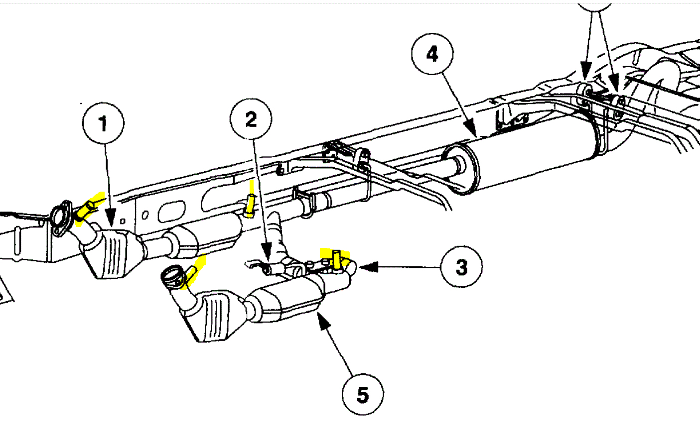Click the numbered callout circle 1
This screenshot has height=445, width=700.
(x=104, y=123)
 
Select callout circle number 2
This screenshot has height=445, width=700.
(x=251, y=119)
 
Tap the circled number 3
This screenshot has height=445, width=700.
(x=461, y=267)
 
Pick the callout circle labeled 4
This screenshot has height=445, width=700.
(x=432, y=53)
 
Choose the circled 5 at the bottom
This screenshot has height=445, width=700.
(x=363, y=395)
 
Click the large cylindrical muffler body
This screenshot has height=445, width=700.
(x=533, y=152)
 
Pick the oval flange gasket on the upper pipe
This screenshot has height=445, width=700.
(x=62, y=218)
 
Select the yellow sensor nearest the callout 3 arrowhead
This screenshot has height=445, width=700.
(x=336, y=259)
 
